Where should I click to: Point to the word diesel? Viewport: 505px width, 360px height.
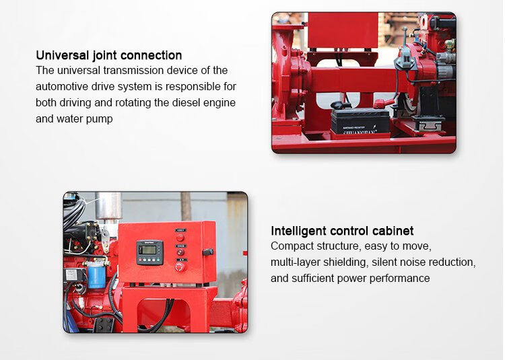[x=186, y=103]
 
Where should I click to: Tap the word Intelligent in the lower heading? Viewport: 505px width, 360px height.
[x=299, y=231]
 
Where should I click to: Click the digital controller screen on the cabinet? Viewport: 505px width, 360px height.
[x=149, y=250]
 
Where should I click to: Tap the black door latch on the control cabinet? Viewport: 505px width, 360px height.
[x=208, y=252]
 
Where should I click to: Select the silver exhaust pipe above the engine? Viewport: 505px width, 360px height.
[x=108, y=207]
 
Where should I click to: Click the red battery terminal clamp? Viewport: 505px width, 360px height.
[x=383, y=103]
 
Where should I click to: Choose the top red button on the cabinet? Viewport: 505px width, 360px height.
[x=180, y=238]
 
